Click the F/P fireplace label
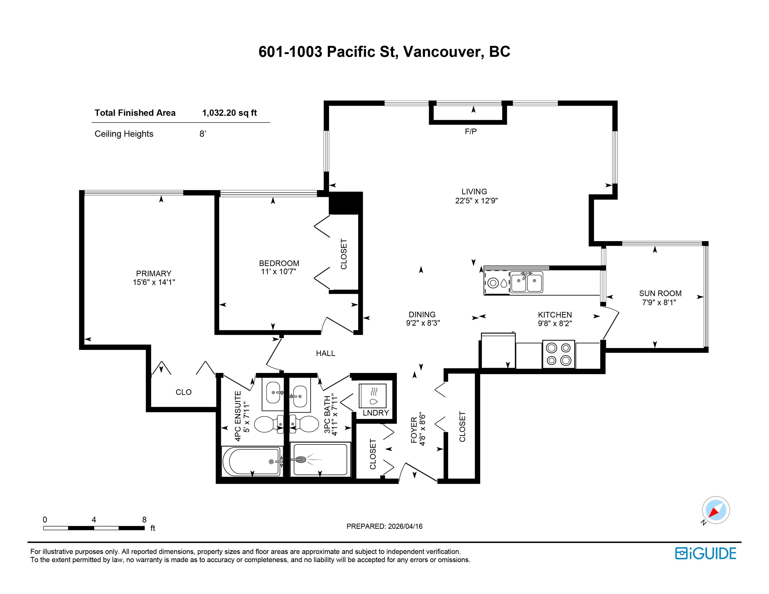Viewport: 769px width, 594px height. (x=471, y=131)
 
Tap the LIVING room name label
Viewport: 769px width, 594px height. (x=474, y=192)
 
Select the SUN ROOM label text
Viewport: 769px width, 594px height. (x=660, y=293)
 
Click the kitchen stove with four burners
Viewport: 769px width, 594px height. (x=558, y=354)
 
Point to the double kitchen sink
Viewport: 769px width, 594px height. (x=527, y=283)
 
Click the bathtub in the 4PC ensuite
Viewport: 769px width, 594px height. (x=252, y=461)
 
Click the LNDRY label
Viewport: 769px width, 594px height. (x=376, y=413)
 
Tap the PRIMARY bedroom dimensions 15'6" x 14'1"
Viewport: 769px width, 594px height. (x=154, y=282)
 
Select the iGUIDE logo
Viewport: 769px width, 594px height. (x=706, y=554)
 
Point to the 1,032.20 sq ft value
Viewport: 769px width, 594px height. (x=230, y=113)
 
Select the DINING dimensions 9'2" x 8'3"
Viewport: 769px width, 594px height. (x=423, y=323)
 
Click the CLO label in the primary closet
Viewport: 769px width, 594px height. (x=183, y=392)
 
